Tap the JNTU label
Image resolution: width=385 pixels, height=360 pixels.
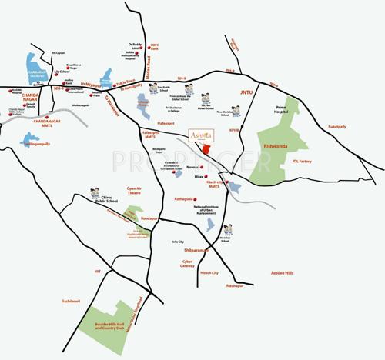[246, 92]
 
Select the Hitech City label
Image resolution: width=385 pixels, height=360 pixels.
[209, 273]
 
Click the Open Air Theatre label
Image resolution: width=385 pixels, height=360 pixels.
[135, 191]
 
